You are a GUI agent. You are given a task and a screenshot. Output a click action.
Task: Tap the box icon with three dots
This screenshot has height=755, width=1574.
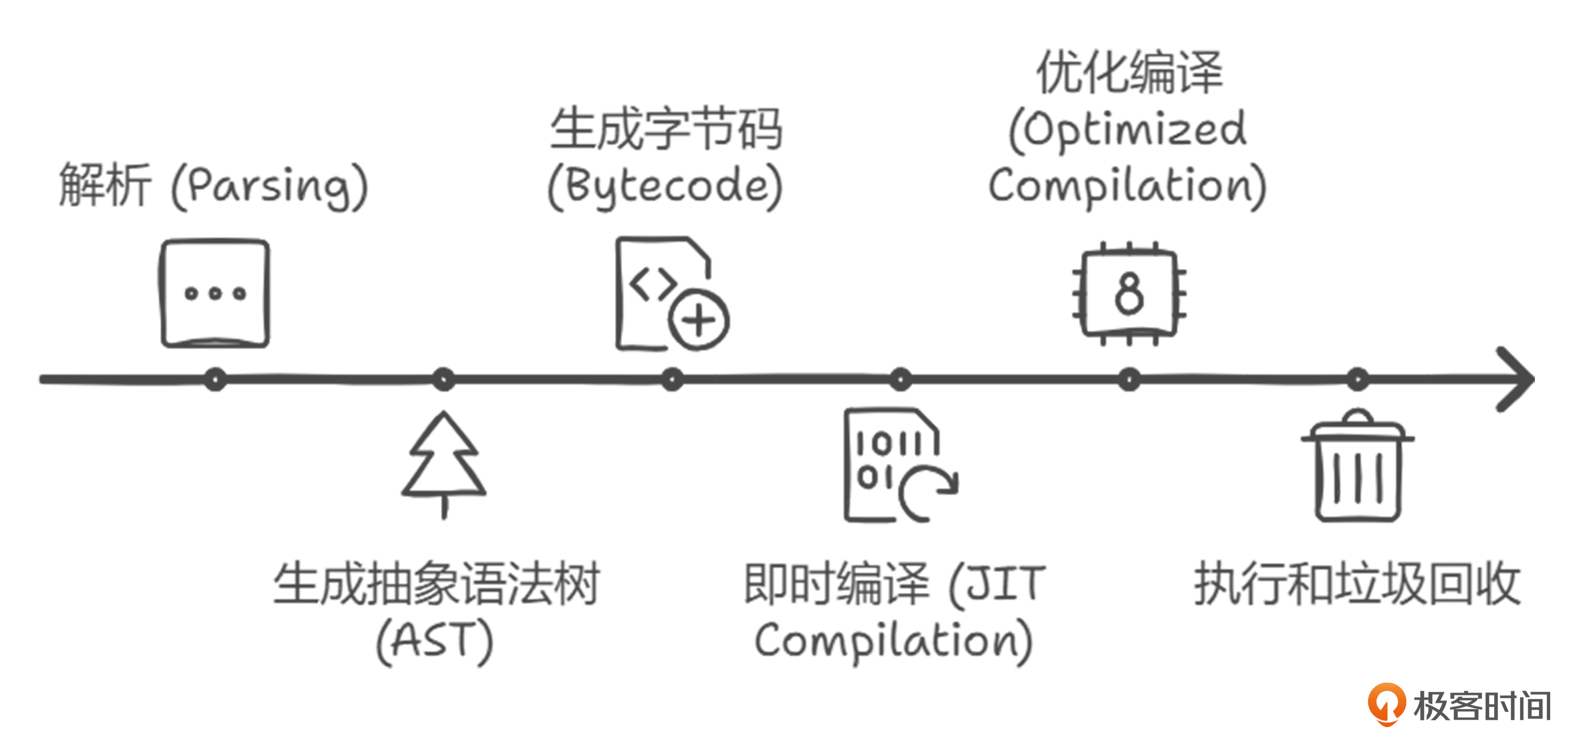point(215,293)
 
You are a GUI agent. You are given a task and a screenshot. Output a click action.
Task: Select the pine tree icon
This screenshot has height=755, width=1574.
point(444,465)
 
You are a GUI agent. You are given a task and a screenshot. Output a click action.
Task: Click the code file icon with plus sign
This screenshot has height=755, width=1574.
point(669,293)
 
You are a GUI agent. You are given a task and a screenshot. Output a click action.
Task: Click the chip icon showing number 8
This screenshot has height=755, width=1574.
point(1129,293)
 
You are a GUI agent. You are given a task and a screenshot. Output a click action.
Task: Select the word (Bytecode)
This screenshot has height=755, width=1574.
point(665,187)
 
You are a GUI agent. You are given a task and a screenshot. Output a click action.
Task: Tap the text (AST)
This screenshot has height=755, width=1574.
point(434,642)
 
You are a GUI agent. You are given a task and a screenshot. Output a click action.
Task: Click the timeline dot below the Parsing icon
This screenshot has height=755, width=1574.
point(215,380)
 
